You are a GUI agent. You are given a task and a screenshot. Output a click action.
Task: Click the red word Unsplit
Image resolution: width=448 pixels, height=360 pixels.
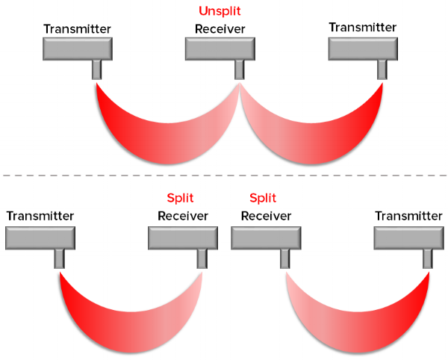(x=220, y=12)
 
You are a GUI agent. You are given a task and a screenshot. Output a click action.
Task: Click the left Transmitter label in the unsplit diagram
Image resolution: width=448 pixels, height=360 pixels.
(x=77, y=29)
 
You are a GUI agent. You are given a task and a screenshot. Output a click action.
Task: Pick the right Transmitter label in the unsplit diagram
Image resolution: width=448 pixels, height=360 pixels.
(x=362, y=27)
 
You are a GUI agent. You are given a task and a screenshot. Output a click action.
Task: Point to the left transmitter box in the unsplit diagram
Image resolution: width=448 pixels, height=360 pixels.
(x=77, y=49)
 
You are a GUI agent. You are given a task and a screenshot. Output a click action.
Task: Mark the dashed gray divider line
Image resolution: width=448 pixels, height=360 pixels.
(x=224, y=176)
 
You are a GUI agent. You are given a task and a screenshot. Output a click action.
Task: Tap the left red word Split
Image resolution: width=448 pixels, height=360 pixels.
(x=180, y=198)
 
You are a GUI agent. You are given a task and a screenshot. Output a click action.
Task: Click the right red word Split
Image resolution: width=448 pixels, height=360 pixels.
(x=263, y=198)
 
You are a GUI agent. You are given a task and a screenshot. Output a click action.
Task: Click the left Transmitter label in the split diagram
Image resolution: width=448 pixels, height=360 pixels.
(x=40, y=216)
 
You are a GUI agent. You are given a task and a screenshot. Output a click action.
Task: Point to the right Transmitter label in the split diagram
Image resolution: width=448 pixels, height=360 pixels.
(x=408, y=216)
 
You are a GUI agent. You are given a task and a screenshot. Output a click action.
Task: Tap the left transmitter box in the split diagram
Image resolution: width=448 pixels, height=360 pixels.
(x=40, y=238)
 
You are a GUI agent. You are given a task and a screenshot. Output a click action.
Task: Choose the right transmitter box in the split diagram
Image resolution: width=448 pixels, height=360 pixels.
(x=408, y=238)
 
